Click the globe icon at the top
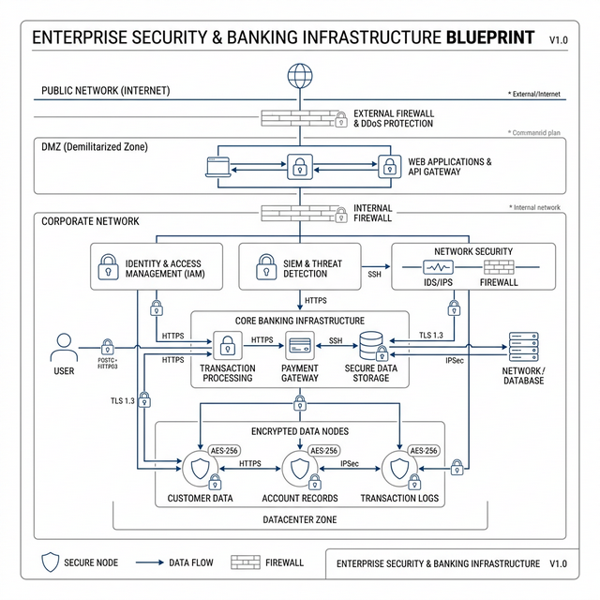point(299,74)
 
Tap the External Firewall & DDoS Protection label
point(393,118)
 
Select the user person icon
point(64,349)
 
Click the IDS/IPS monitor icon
point(438,267)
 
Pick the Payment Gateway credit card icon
point(300,345)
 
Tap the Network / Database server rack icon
point(522,348)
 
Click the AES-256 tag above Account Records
point(323,450)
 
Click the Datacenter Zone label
point(300,518)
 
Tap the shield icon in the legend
point(51,562)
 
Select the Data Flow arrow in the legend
point(150,562)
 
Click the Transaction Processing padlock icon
point(226,345)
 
